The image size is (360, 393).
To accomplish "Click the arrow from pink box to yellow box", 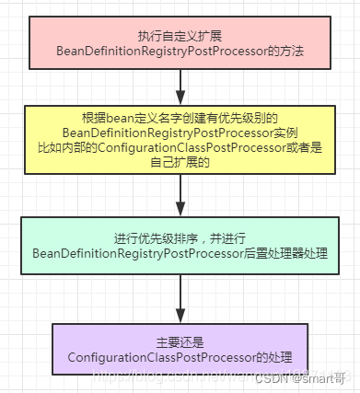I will point(180,87).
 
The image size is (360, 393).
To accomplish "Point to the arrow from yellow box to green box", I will point(180,196).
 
